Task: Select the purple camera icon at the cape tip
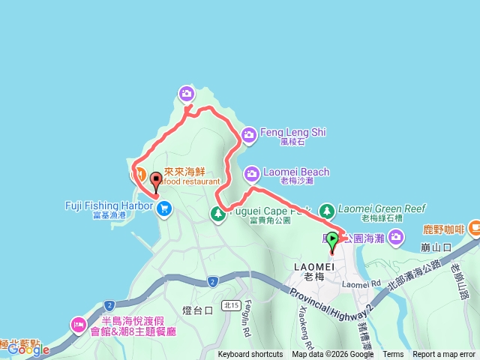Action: (186, 94)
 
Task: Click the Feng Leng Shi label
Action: (293, 133)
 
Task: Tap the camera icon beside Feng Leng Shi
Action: (249, 135)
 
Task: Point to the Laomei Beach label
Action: (295, 172)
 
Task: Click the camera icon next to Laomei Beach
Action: (251, 174)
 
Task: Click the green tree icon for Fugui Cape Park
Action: (217, 214)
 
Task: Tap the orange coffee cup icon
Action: (474, 227)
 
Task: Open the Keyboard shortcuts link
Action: (250, 355)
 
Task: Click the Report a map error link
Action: (443, 355)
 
